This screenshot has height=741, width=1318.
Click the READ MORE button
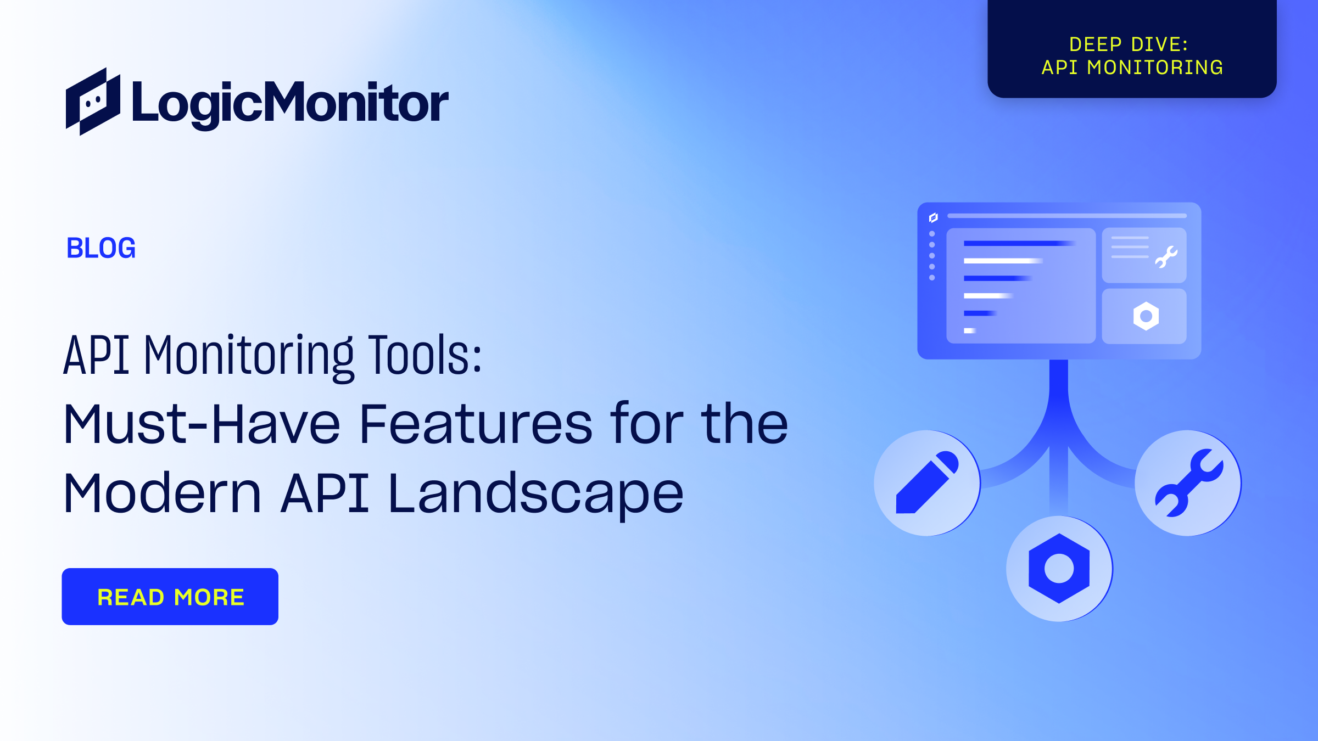pos(170,597)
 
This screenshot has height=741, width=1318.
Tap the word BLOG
pos(101,248)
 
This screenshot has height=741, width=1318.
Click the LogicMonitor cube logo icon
pos(93,102)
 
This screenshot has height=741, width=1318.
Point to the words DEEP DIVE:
pos(1129,44)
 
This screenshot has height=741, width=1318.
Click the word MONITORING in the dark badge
pos(1155,68)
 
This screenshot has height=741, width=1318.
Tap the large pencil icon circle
pos(927,483)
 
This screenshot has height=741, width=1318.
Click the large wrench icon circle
pos(1188,483)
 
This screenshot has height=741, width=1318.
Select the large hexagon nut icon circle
pos(1059,569)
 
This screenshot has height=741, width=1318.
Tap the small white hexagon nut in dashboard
pos(1146,316)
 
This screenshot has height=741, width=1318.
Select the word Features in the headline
pos(476,424)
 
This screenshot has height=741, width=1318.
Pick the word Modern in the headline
pos(162,494)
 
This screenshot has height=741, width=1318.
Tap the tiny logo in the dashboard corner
pos(933,218)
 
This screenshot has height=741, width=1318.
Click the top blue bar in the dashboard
pos(1019,243)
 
